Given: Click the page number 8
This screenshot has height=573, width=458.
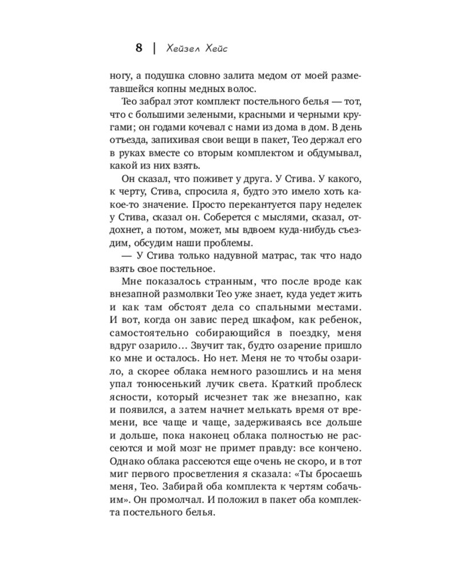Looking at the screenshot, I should pos(139,48).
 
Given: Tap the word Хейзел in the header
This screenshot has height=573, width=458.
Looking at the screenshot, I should pos(183,48).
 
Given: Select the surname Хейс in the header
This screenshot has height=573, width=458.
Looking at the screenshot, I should pos(215,48).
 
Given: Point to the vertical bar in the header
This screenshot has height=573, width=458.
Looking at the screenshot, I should pos(155,48).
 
